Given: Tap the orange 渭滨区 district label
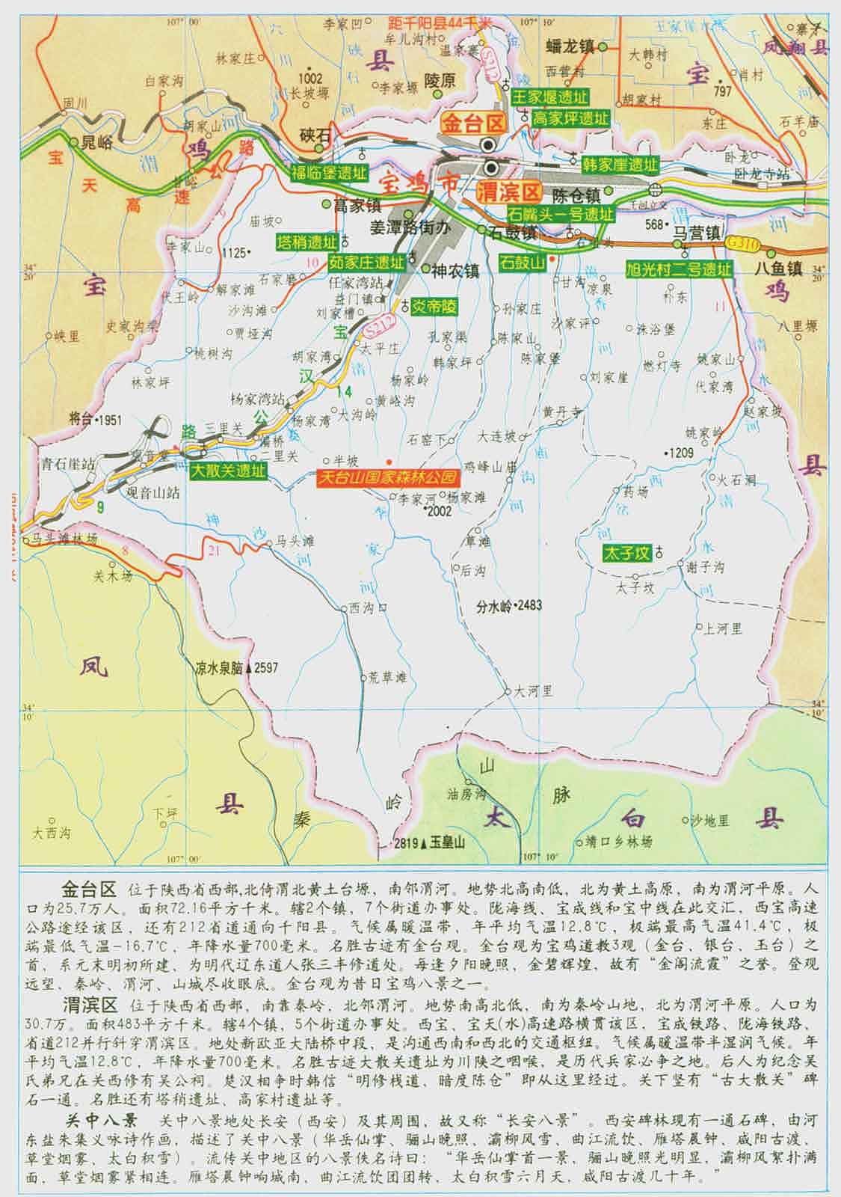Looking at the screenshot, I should click(511, 192).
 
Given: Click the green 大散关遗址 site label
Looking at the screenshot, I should click(227, 471).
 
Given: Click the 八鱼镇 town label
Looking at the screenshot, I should click(777, 268).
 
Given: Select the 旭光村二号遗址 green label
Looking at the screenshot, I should click(679, 270).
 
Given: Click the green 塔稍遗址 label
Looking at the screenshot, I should click(306, 242).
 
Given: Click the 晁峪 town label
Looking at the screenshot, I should click(96, 142).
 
